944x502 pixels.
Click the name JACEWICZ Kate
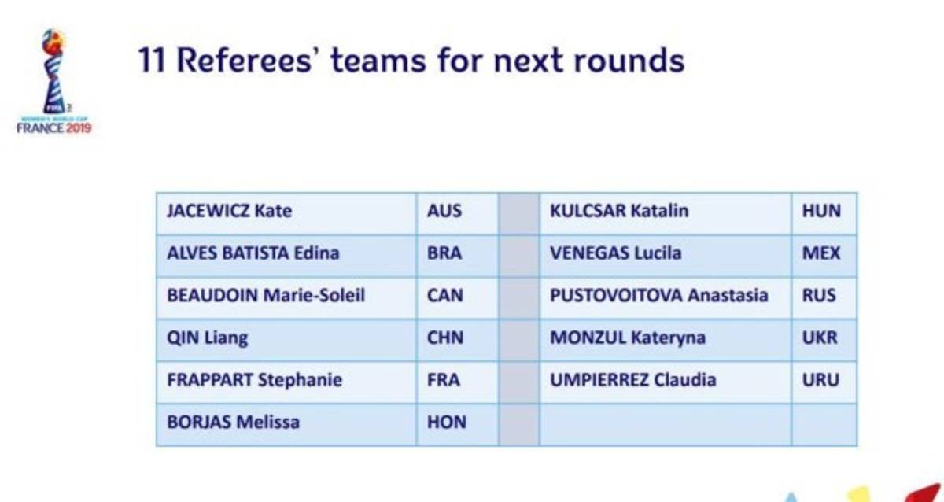pyautogui.click(x=229, y=211)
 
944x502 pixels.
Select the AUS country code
pyautogui.click(x=444, y=211)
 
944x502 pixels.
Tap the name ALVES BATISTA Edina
pyautogui.click(x=253, y=253)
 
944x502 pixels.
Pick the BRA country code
pyautogui.click(x=444, y=253)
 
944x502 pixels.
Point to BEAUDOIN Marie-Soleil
pyautogui.click(x=266, y=295)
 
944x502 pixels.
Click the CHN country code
pyautogui.click(x=445, y=338)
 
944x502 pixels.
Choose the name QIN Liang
pyautogui.click(x=208, y=338)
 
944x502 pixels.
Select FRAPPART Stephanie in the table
pyautogui.click(x=255, y=380)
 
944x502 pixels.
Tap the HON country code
pyautogui.click(x=447, y=422)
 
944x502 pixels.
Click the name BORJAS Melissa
pyautogui.click(x=233, y=422)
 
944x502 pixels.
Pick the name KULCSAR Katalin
pyautogui.click(x=619, y=211)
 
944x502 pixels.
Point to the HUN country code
pyautogui.click(x=821, y=211)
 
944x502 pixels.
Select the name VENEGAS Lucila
pyautogui.click(x=616, y=253)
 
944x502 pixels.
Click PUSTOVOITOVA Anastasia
pyautogui.click(x=658, y=295)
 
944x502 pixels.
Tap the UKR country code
pyautogui.click(x=820, y=338)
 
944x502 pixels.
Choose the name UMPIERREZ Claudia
pyautogui.click(x=633, y=380)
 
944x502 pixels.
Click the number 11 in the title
pyautogui.click(x=152, y=61)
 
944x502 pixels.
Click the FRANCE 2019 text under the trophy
pyautogui.click(x=54, y=127)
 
